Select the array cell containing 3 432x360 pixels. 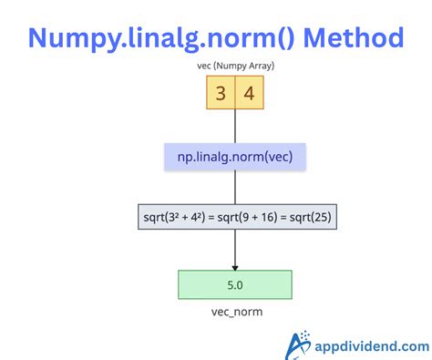(x=221, y=94)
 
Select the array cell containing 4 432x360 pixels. (x=250, y=94)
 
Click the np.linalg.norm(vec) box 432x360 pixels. (x=235, y=157)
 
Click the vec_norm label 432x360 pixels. (x=235, y=311)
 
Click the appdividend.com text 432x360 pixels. (x=373, y=346)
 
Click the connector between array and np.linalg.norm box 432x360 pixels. (x=235, y=127)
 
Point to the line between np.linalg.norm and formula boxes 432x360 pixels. (x=235, y=189)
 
